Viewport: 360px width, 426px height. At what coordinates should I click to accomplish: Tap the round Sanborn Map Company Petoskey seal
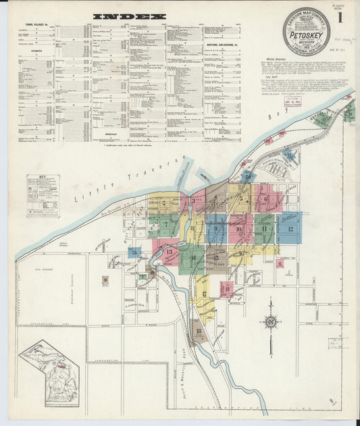coord(307,30)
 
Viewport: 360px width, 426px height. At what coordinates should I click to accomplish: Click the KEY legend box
coord(43,196)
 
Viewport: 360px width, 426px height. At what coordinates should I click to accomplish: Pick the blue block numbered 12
coord(289,228)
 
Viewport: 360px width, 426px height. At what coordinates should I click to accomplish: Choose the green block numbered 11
coord(264,228)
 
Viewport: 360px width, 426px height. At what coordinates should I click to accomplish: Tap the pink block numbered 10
coord(240,228)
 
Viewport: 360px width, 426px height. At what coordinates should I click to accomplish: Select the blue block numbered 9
coord(215,229)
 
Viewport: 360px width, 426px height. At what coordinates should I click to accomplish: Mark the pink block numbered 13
coord(169,252)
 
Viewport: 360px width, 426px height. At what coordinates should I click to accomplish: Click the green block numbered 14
coord(192,258)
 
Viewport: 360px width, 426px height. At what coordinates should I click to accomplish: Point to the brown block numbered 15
coord(216,257)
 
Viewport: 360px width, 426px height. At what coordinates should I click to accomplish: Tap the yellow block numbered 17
coord(203,294)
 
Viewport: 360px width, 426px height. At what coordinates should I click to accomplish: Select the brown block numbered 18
coord(198,331)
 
